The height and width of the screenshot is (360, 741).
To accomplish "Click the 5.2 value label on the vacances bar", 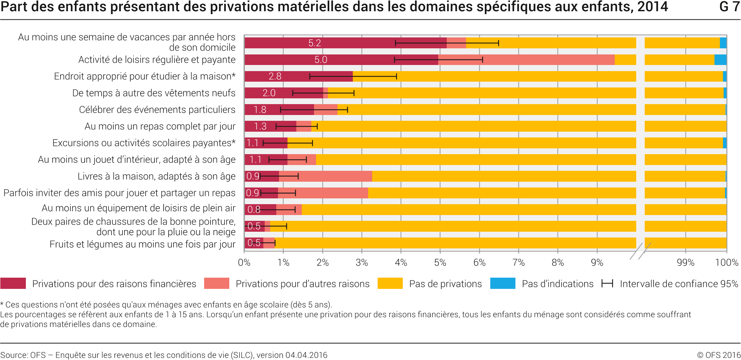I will pyautogui.click(x=314, y=43).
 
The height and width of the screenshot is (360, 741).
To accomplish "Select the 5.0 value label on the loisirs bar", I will pyautogui.click(x=320, y=60).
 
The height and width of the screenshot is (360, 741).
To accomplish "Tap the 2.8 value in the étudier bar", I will pyautogui.click(x=275, y=76).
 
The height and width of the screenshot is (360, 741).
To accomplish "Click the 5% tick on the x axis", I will pyautogui.click(x=440, y=262).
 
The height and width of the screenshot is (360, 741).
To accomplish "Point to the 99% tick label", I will pyautogui.click(x=685, y=262).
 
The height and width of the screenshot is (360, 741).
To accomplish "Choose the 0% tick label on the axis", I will pyautogui.click(x=244, y=262).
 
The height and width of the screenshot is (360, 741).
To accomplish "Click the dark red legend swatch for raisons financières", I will pyautogui.click(x=13, y=283).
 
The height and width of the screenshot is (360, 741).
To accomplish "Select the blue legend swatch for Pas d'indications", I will pyautogui.click(x=503, y=283).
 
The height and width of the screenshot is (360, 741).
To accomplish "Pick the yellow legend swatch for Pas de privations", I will pyautogui.click(x=390, y=283).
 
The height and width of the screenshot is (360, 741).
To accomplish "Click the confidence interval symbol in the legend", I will pyautogui.click(x=607, y=283).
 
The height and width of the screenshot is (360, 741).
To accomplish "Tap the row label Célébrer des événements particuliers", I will pyautogui.click(x=157, y=110).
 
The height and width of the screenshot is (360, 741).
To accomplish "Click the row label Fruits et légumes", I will pyautogui.click(x=142, y=244).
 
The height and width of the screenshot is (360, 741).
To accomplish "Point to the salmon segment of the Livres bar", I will pyautogui.click(x=325, y=176).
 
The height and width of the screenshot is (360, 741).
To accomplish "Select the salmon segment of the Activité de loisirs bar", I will pyautogui.click(x=526, y=60).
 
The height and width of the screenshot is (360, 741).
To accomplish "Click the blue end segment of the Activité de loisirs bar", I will pyautogui.click(x=720, y=60).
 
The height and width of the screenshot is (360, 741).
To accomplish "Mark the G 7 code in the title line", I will pyautogui.click(x=729, y=7).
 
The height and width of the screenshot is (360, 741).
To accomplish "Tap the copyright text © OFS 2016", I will pyautogui.click(x=719, y=355).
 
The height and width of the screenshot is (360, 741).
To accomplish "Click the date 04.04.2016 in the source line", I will pyautogui.click(x=306, y=355).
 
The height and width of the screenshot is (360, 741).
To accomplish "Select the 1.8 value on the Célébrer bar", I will pyautogui.click(x=260, y=110).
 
